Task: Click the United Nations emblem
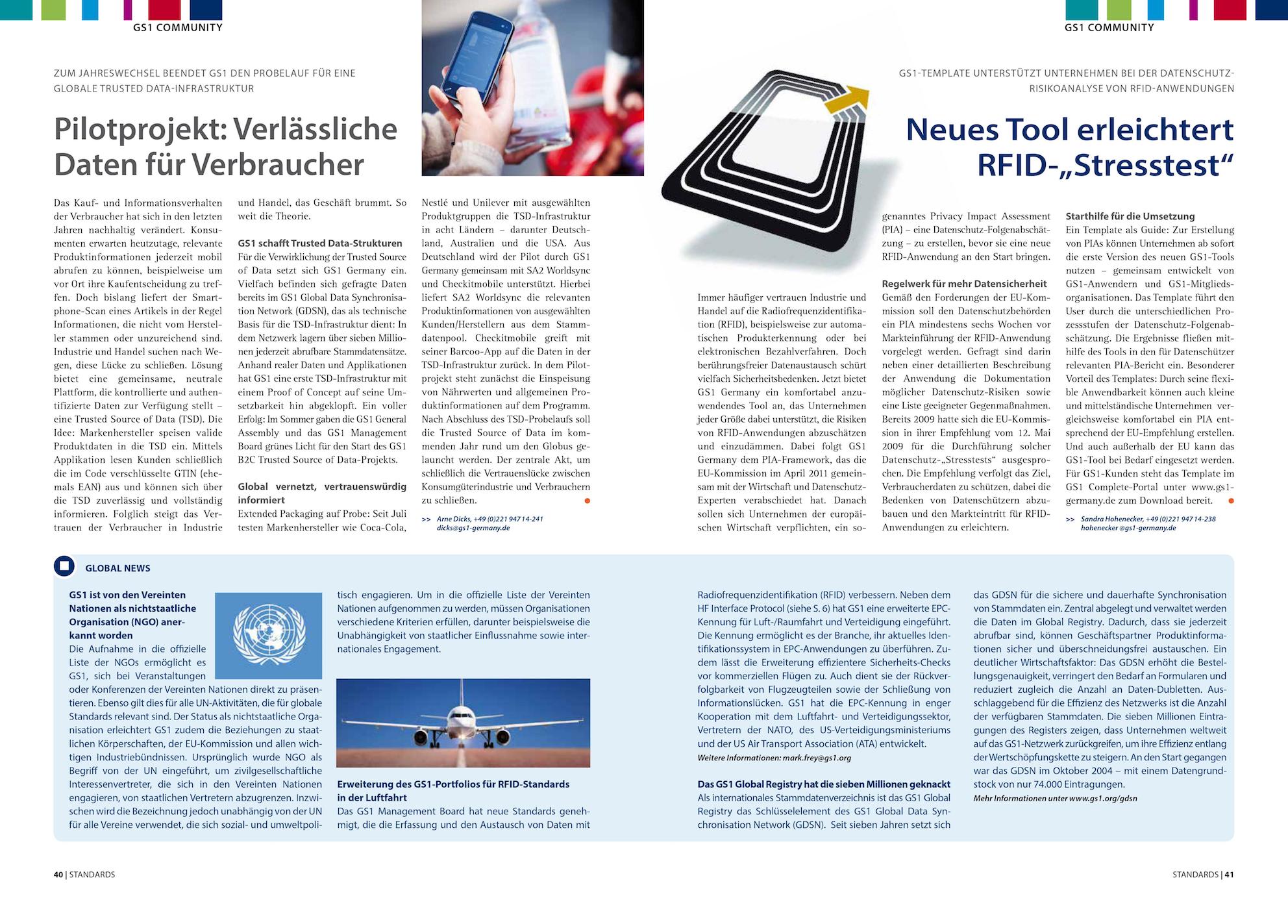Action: [268, 636]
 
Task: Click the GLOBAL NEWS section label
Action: [118, 568]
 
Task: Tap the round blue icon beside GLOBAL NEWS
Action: [64, 566]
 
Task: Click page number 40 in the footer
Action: [58, 875]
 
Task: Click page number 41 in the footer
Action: [1229, 875]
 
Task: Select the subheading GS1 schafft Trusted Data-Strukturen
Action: [319, 243]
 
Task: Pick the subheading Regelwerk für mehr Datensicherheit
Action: [964, 283]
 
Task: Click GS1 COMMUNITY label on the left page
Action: [177, 27]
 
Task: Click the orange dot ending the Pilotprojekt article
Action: [587, 501]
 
